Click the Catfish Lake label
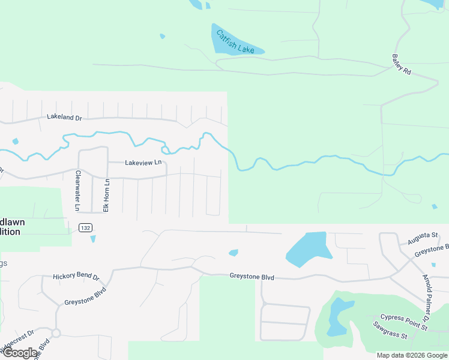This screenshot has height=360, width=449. coord(235,41)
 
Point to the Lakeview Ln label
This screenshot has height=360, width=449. coord(143,163)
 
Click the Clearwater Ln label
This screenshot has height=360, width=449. coord(77,191)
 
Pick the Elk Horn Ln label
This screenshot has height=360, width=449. coord(106,195)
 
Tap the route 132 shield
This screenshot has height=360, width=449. coord(84,227)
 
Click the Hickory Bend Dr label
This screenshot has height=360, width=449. coord(76,276)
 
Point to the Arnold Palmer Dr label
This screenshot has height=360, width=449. coord(427,293)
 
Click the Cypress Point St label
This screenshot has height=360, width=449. coord(403,322)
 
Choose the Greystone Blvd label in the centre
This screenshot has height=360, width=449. coord(252,277)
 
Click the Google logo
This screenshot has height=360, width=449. coord(20,353)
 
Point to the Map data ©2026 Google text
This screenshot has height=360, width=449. coord(412,355)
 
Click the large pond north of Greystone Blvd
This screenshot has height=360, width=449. coord(309,248)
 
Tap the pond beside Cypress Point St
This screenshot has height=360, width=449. coord(337,317)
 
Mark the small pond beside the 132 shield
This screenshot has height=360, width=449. coord(92,239)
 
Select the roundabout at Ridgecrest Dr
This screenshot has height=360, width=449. coord(56,333)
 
